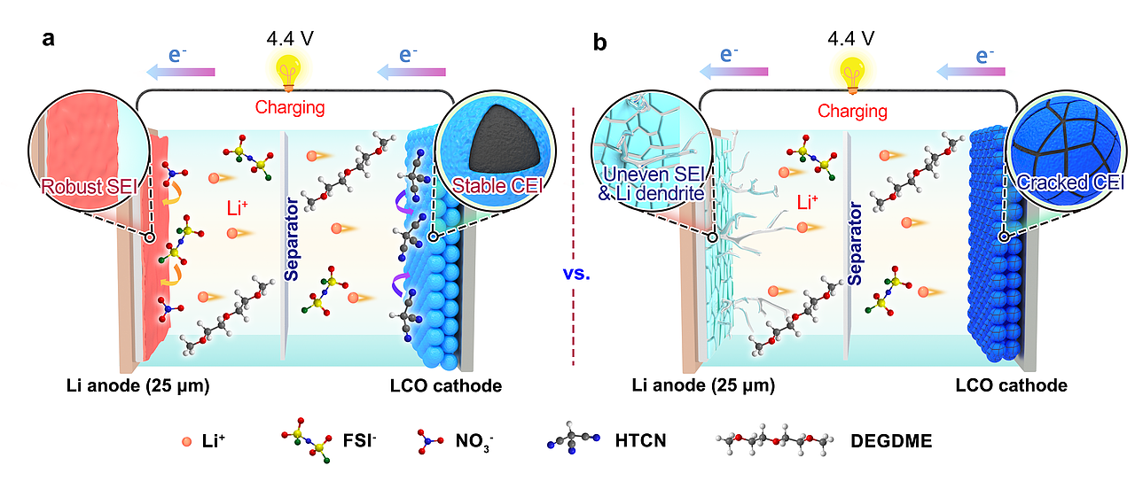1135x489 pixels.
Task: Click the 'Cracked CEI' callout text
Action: click(1071, 183)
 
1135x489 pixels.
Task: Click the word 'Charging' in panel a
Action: click(290, 108)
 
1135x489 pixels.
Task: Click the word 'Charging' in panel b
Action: click(852, 111)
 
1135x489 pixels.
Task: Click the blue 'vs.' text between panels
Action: click(576, 274)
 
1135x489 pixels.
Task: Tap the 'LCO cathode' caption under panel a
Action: click(445, 385)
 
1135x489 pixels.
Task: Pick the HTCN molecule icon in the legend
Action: click(568, 440)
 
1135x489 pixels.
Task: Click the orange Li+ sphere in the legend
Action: click(186, 440)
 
